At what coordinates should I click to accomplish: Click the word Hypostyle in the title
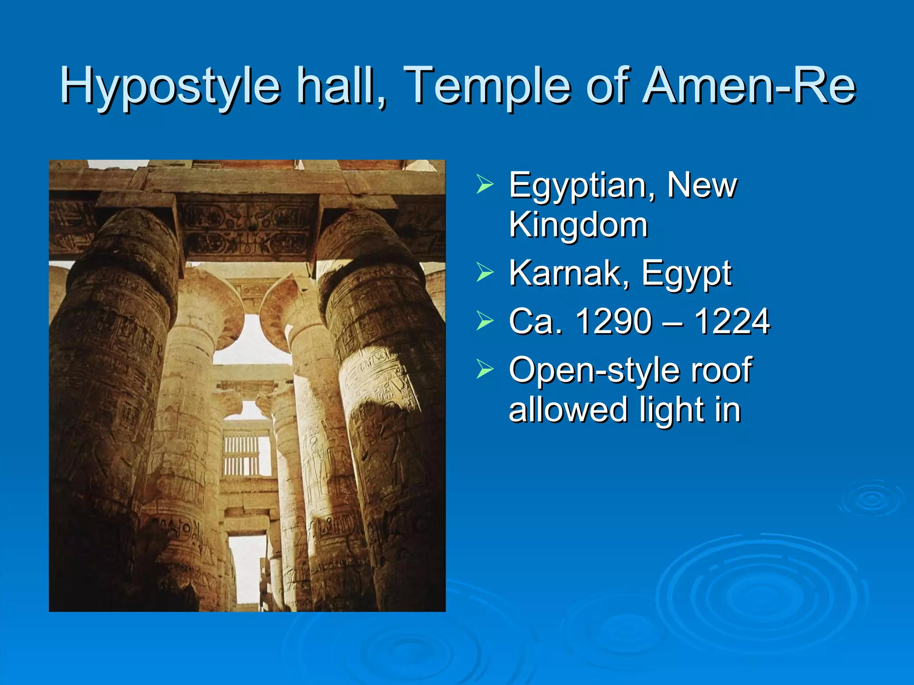tap(170, 86)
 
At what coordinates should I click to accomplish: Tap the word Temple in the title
tap(490, 86)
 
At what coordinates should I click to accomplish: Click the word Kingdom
tap(578, 225)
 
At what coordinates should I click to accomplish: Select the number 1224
tap(732, 321)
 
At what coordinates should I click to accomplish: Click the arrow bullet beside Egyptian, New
tap(485, 184)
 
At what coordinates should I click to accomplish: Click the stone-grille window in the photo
tap(242, 455)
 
